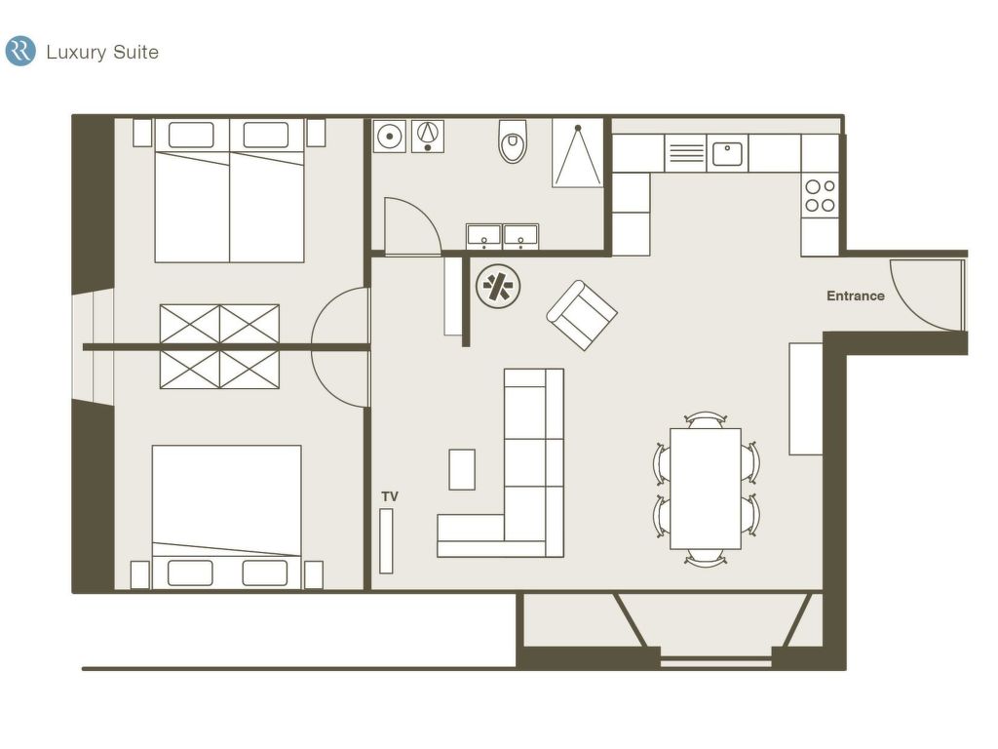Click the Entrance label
pos(855,296)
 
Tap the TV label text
pos(390,496)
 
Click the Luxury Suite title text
pos(102,53)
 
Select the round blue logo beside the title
pos(20,51)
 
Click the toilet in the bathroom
pos(513,140)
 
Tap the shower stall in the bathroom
pos(577,153)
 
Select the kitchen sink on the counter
pos(727,153)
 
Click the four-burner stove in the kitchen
pos(820,196)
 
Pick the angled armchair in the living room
pos(582,315)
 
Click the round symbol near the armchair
pos(498,287)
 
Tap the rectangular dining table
pos(706,489)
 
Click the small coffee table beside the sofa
pos(462,469)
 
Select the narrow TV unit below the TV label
pos(386,540)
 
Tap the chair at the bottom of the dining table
pos(706,558)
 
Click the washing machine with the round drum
pos(389,136)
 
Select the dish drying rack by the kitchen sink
pos(685,153)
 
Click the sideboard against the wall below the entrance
pos(806,399)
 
